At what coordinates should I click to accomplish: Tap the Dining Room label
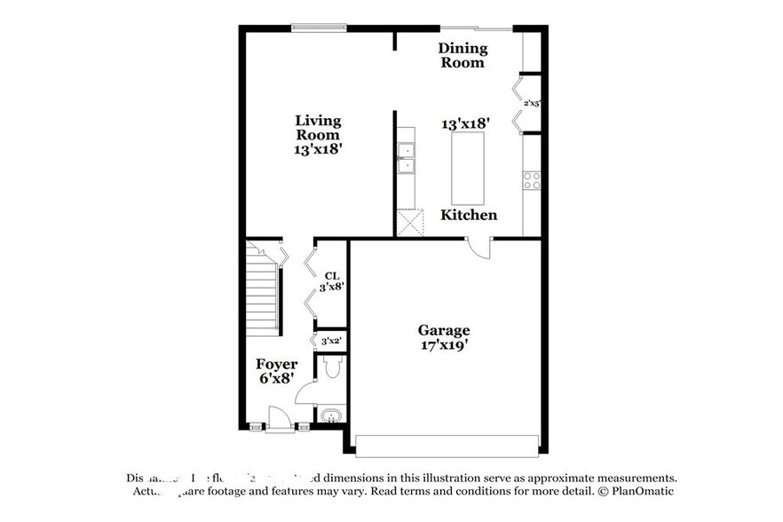463,55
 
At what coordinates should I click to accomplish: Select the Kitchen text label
469,215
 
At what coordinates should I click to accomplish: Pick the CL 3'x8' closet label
332,281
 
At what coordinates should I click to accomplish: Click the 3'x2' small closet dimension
331,341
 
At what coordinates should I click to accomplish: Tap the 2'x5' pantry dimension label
532,103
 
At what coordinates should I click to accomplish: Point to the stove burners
532,180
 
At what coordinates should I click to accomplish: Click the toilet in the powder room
333,366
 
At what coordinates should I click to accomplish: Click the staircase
263,293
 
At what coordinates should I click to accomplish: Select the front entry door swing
280,417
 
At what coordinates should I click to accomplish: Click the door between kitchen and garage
479,248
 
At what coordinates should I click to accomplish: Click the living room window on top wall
319,28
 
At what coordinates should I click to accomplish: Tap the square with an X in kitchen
410,223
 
